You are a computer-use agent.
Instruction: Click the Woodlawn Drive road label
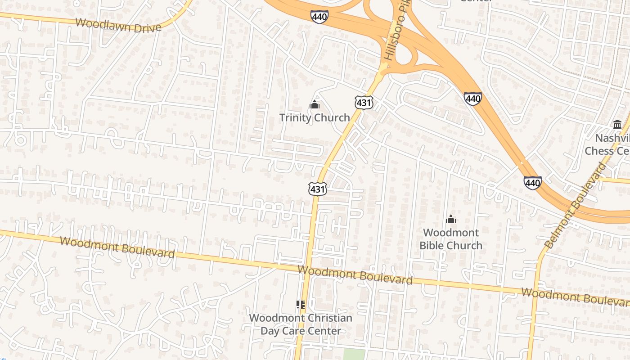coord(118,25)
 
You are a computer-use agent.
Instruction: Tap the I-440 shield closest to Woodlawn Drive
coord(319,17)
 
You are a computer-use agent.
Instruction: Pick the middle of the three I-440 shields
coord(473,98)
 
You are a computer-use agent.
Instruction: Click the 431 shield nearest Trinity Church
coord(363,102)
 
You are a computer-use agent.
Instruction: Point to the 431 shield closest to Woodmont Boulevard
coord(317,189)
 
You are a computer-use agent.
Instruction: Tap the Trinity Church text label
coord(315,118)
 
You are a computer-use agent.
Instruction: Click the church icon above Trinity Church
coord(315,105)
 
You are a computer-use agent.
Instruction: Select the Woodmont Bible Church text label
coord(451,239)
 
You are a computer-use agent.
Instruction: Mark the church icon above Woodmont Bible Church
coord(450,220)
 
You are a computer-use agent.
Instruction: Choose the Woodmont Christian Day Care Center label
coord(301,324)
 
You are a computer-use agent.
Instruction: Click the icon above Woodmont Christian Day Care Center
coord(301,305)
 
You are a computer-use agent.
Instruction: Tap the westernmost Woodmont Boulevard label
coord(117,247)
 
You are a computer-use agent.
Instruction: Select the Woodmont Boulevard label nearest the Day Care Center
coord(355,274)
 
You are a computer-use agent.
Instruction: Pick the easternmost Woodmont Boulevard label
coord(575,297)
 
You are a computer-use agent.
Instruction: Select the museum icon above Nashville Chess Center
coord(617,124)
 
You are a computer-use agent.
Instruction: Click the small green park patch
coord(354,354)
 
